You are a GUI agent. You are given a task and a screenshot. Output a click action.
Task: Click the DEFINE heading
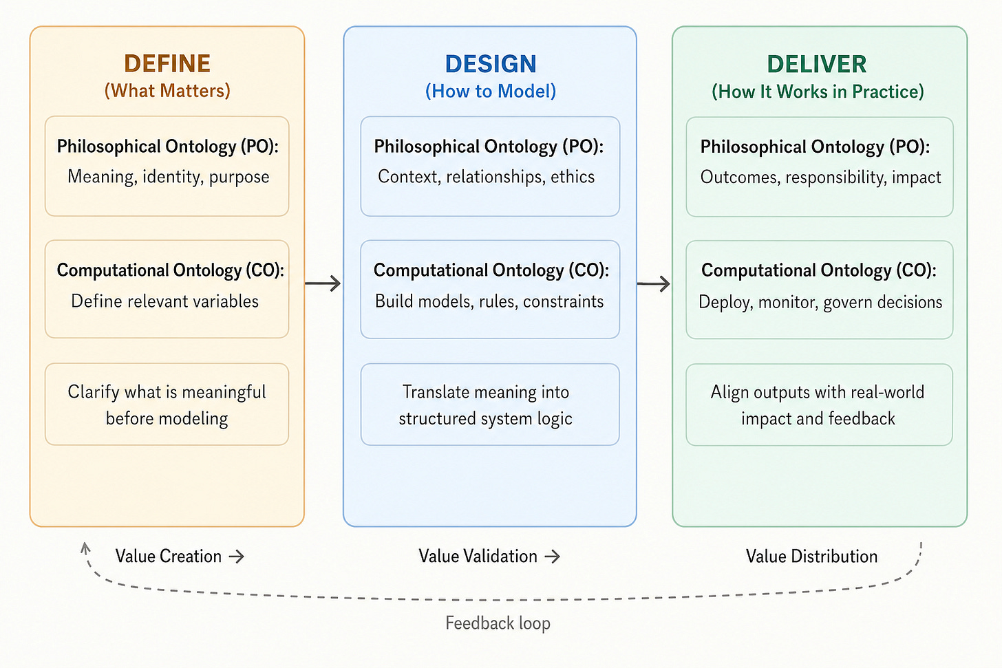(x=167, y=64)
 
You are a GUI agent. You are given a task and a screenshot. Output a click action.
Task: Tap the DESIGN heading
(x=490, y=64)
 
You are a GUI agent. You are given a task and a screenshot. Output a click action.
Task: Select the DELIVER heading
(x=817, y=65)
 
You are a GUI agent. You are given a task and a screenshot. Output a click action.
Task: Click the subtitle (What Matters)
(x=167, y=91)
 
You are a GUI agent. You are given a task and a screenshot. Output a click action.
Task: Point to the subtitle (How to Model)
(x=490, y=91)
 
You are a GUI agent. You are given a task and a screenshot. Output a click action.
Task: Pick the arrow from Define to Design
(x=323, y=283)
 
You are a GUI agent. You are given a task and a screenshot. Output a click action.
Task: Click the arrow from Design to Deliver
(x=654, y=283)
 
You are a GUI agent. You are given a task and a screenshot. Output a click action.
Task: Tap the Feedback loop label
(x=498, y=623)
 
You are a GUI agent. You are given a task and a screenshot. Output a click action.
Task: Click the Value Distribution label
(x=811, y=557)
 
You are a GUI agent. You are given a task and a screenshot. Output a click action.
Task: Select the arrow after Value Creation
(x=237, y=557)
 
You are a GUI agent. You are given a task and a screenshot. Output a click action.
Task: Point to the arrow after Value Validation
(x=552, y=557)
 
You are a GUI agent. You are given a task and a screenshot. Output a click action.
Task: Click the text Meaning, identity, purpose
(x=168, y=177)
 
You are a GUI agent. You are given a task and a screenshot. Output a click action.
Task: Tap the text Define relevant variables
(x=165, y=301)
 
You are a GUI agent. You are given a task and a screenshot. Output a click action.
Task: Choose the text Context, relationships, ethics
(x=486, y=177)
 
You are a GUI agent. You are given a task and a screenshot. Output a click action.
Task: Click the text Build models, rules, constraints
(x=489, y=301)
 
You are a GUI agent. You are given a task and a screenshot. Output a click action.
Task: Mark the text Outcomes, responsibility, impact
(x=820, y=177)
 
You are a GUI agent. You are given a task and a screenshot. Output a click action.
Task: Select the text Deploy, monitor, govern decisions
(x=820, y=302)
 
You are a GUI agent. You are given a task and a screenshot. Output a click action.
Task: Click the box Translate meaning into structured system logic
(x=489, y=405)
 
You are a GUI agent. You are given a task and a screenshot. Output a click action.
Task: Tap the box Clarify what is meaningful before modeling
(x=167, y=405)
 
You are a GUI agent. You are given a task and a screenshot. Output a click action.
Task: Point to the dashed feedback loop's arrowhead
(x=85, y=548)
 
